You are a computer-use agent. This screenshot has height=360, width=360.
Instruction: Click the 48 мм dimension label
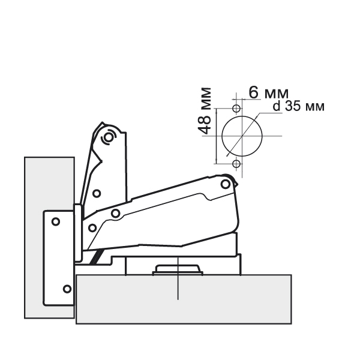pos(204,110)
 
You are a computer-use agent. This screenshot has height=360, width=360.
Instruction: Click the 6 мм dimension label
pos(268,93)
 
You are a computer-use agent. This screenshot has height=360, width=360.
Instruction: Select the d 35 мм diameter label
pos(298,106)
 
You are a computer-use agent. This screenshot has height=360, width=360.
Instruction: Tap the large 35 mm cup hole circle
pos(222,136)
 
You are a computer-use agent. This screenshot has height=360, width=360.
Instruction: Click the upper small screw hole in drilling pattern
pos(236,108)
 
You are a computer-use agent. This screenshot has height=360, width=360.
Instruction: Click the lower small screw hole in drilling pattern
pos(236,164)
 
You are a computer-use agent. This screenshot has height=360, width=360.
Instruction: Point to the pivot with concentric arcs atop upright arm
pos(109,137)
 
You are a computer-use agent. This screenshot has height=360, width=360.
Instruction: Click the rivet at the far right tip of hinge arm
pos(225,184)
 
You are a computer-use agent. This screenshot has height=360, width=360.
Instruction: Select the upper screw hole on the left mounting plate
pos(56,221)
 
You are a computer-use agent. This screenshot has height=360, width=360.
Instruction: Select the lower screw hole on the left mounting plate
pos(67,289)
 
